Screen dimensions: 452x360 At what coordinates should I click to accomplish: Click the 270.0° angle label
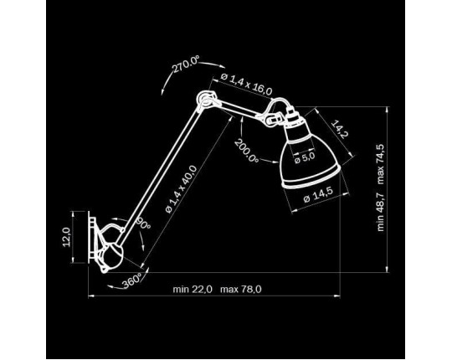coord(186,64)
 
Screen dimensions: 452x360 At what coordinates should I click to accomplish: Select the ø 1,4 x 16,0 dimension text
coord(246,85)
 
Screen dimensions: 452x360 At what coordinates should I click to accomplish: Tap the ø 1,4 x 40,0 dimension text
coord(181,189)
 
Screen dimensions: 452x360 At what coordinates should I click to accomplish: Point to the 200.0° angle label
coord(246,150)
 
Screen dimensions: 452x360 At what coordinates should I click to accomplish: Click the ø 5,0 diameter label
coord(305,158)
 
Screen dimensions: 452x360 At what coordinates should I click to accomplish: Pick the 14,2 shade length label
coord(340,129)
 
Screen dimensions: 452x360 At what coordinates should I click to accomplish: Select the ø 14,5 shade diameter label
coord(318,194)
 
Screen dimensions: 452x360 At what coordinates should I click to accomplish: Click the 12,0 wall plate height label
coord(67,237)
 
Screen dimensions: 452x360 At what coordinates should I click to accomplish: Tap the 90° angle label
coord(143,222)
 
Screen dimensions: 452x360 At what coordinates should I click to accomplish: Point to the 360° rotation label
coord(132,280)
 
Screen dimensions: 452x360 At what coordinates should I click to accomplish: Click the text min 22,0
coord(193,289)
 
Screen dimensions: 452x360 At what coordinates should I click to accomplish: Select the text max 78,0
coord(241,289)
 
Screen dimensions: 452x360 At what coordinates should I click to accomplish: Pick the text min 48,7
coord(381,212)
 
